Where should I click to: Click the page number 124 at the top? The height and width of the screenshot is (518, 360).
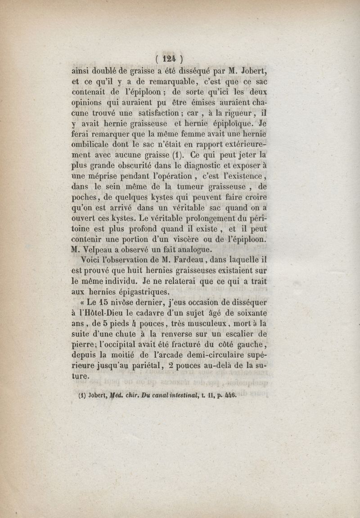tap(169, 58)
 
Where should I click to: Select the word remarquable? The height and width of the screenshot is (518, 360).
tap(157, 82)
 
